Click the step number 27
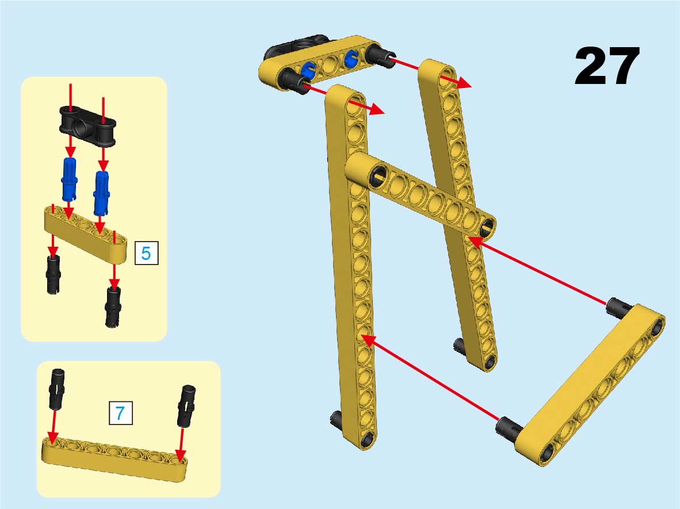click(607, 66)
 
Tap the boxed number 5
click(146, 252)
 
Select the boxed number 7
click(121, 413)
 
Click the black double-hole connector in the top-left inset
click(87, 126)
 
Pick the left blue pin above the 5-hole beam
click(70, 178)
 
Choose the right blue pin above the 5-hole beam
click(101, 192)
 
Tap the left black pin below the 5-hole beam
click(54, 274)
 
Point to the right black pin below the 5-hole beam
click(113, 307)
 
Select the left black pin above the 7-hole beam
click(57, 389)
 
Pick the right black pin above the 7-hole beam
click(186, 405)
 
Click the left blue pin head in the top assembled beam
click(308, 70)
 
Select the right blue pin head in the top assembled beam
click(351, 58)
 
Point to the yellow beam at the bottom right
click(590, 385)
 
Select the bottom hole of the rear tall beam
click(490, 362)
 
